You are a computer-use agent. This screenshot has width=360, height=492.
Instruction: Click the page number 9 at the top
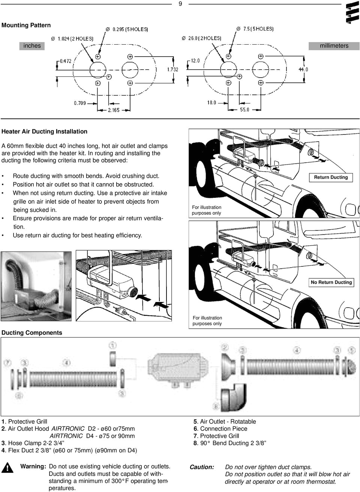coord(180,4)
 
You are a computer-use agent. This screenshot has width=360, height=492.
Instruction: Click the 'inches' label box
coord(32,46)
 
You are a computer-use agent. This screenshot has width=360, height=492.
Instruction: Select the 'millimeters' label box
coord(334,46)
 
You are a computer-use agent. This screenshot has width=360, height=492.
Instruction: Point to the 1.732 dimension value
coord(173,69)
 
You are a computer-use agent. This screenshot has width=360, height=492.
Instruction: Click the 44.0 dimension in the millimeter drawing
coord(303,69)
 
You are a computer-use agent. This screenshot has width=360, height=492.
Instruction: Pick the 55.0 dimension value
coord(244,110)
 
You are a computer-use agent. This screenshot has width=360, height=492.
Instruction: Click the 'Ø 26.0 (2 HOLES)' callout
coord(201,38)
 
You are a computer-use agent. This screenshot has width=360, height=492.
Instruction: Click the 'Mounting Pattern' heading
coord(26,25)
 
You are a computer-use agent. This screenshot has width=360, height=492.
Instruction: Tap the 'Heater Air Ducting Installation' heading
coord(44,132)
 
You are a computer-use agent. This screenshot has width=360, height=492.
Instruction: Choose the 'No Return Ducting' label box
coord(331,282)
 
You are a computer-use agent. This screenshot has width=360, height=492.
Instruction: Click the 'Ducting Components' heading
coord(32,333)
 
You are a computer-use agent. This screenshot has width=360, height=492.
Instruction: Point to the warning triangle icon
coord(6,468)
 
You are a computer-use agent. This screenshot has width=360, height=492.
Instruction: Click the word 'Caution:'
coord(202,467)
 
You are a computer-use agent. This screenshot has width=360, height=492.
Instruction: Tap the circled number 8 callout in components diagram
coord(216,406)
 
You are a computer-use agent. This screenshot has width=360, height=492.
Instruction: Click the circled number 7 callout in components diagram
coord(7,362)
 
